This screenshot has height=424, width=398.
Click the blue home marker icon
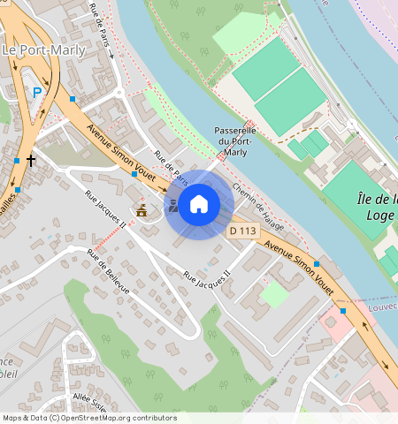(199, 205)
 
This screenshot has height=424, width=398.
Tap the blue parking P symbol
(37, 91)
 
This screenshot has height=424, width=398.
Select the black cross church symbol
(31, 161)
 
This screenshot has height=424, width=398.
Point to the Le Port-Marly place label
(44, 50)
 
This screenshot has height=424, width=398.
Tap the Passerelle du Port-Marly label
(235, 141)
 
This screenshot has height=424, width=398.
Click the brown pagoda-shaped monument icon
(142, 210)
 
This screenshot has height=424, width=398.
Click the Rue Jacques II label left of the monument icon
(104, 208)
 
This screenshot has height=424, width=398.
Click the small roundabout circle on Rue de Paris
(119, 91)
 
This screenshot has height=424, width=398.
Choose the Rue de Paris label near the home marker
(172, 167)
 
